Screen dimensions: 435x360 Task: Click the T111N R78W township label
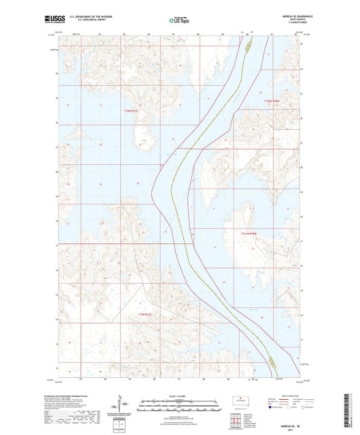(250, 233)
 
